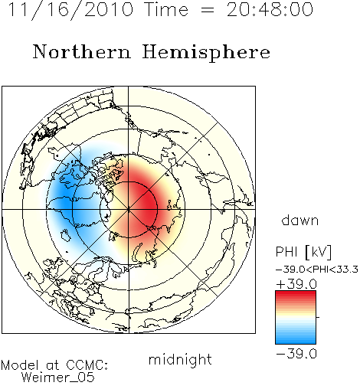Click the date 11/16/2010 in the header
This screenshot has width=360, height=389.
[70, 10]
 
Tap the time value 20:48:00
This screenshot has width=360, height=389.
[270, 10]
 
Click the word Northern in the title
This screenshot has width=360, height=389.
[82, 51]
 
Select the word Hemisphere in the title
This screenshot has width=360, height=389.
[206, 53]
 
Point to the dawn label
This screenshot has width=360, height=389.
[300, 220]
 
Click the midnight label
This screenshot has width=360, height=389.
[180, 359]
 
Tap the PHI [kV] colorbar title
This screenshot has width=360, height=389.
[303, 252]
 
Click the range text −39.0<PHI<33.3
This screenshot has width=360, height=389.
[317, 270]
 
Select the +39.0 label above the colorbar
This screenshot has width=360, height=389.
[296, 284]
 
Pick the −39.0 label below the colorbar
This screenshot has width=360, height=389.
[296, 354]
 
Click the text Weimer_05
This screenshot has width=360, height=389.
[58, 377]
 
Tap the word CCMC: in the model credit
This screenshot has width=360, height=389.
[87, 365]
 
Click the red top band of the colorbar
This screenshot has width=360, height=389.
[296, 294]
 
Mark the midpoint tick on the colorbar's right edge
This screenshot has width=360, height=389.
[318, 317]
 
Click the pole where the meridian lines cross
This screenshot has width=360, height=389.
[129, 210]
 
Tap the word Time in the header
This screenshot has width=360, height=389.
[166, 10]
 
